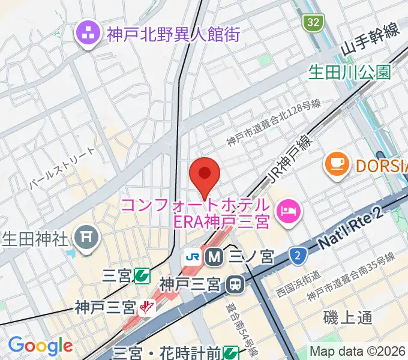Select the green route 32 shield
(x=313, y=23)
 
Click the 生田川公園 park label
(x=349, y=73)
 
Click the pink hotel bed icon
(x=289, y=212)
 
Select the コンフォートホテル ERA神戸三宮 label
(x=195, y=213)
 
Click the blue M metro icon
(x=213, y=257)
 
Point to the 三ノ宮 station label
(x=251, y=257)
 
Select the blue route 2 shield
(x=296, y=256)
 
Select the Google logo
(x=40, y=346)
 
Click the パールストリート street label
(x=62, y=169)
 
